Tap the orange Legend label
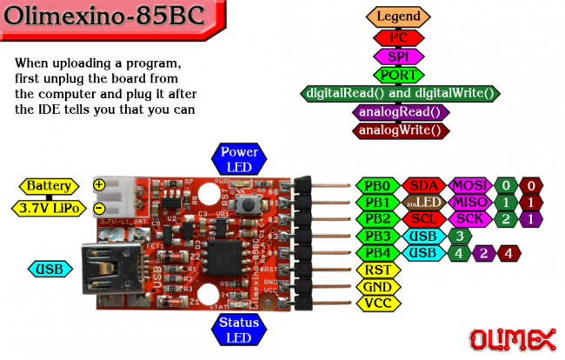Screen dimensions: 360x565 click(x=399, y=17)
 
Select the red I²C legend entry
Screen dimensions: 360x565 click(x=399, y=37)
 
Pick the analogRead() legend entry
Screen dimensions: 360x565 click(x=399, y=112)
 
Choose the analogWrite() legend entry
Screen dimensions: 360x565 click(x=399, y=130)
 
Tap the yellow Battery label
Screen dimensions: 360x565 click(x=50, y=186)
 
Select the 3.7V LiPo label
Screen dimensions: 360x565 click(x=49, y=208)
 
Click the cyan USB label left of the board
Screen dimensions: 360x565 click(x=49, y=270)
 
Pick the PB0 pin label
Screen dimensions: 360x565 click(x=376, y=185)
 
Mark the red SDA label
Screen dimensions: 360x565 click(x=424, y=185)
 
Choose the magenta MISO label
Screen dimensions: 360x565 click(x=470, y=202)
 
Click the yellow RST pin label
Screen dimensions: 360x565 click(x=377, y=270)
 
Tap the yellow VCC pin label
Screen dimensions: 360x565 click(x=377, y=303)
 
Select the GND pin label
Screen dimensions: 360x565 click(x=377, y=286)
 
